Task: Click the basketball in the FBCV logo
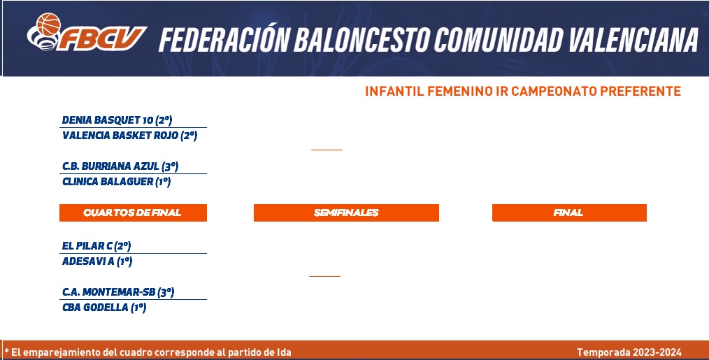click(x=48, y=24)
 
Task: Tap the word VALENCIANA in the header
click(x=633, y=40)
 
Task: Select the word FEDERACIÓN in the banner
click(x=224, y=39)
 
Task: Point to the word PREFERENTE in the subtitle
click(x=640, y=92)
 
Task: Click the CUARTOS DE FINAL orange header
click(x=133, y=213)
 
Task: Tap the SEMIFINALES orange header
click(x=346, y=213)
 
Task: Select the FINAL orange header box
click(x=569, y=213)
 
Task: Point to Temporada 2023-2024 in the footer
click(x=629, y=352)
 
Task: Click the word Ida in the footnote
click(x=284, y=352)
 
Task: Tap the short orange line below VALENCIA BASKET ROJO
click(x=327, y=150)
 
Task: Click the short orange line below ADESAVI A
click(x=324, y=276)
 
